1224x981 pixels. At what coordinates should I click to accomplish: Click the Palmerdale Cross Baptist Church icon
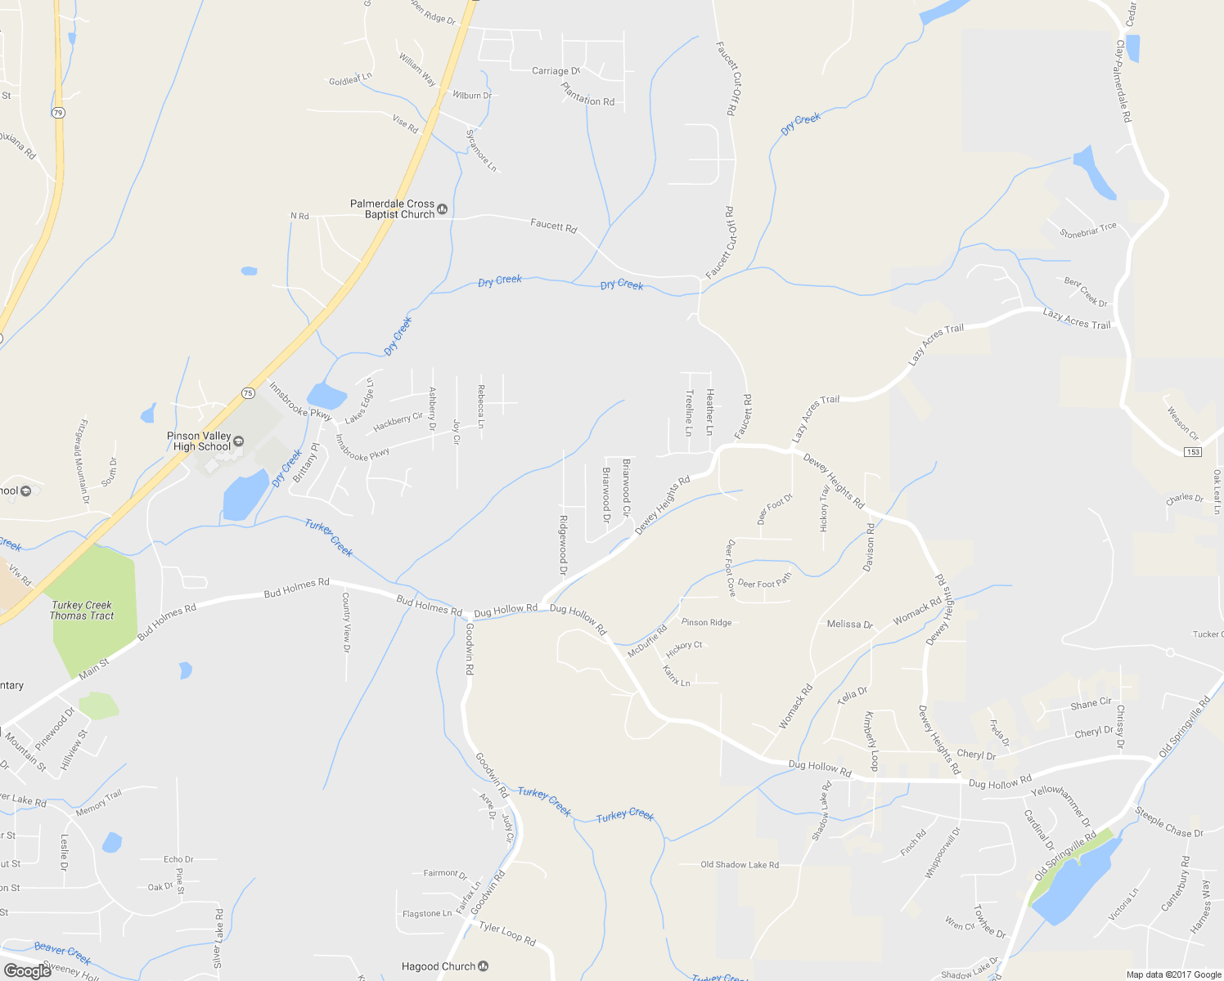point(443,209)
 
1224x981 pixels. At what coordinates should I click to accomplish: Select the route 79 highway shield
point(57,113)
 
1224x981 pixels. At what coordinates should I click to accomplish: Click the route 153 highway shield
point(1192,452)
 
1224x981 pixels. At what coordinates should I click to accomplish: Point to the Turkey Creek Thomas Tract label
point(82,611)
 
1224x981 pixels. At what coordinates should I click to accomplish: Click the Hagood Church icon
point(483,966)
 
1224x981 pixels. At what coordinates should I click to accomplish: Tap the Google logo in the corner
point(27,971)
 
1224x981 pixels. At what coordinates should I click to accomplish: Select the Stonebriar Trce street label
point(1088,231)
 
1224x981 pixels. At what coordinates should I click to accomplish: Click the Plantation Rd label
point(587,96)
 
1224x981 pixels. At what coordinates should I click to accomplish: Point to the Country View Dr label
point(346,622)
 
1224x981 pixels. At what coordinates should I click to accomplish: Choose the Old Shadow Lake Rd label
point(740,864)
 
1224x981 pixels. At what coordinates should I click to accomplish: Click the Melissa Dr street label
point(849,624)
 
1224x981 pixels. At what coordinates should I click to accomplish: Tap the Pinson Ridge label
point(706,622)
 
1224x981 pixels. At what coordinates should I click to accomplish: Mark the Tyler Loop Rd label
point(507,933)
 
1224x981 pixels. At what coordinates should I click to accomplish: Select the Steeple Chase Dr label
point(1169,822)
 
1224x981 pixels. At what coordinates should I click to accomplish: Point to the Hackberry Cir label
point(398,422)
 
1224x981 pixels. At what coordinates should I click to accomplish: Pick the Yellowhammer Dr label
point(1060,805)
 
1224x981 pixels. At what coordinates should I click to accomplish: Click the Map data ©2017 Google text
point(1173,974)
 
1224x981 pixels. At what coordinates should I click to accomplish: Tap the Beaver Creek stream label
point(62,952)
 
